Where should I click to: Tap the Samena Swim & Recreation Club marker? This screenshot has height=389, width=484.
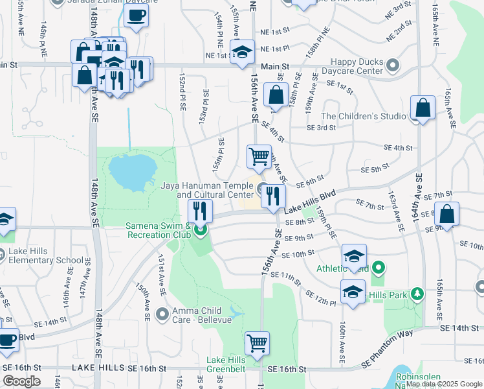point(201,229)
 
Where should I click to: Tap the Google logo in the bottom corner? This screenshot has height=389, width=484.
point(21,381)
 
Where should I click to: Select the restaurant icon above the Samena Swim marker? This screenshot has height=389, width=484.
point(201,210)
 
